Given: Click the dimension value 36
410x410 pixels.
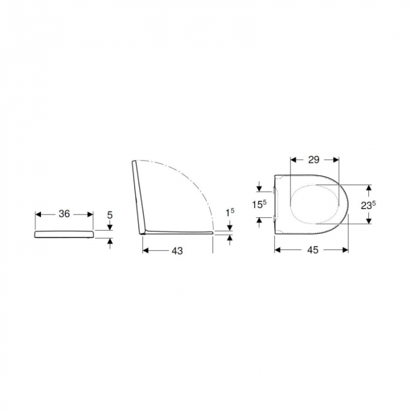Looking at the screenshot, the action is point(64,214).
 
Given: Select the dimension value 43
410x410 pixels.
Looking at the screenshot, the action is point(177,251).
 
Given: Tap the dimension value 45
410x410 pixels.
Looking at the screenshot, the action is point(313,250).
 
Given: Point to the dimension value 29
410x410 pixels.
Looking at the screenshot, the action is point(314,159).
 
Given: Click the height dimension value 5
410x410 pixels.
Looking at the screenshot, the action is point(110,215).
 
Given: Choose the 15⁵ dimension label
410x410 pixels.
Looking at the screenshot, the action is point(259,204).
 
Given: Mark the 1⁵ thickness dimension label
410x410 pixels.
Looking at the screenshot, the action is point(230,212).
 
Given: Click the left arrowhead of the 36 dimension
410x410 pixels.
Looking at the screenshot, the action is point(39,214).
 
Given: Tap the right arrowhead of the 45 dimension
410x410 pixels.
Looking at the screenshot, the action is point(345,250).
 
